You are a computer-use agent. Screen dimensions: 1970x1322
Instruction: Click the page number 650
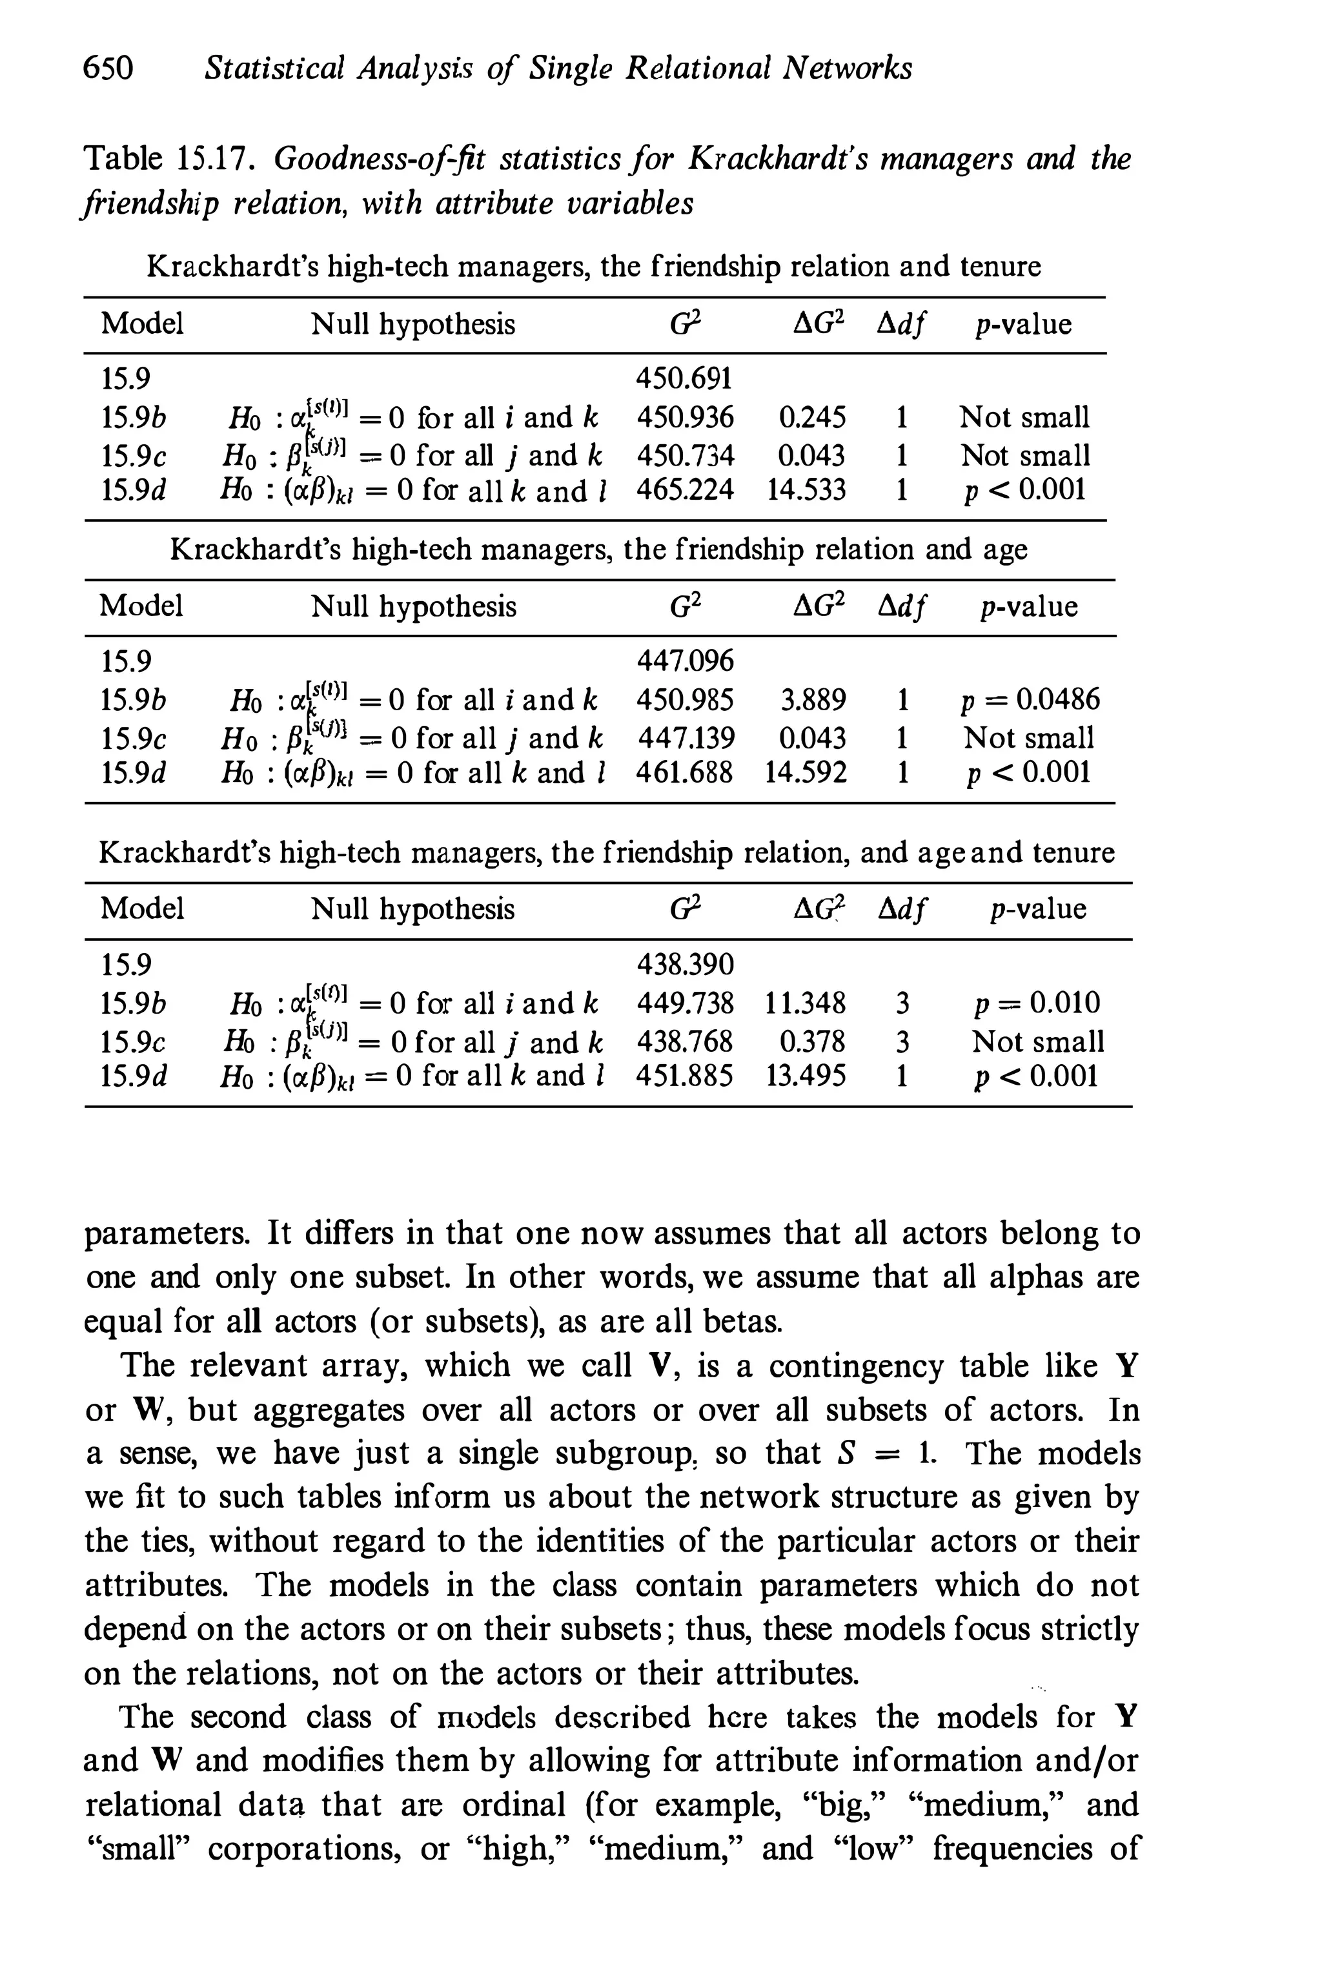108,67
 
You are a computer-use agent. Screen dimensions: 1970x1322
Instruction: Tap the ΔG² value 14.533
806,490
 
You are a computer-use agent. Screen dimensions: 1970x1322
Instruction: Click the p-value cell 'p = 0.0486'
1030,699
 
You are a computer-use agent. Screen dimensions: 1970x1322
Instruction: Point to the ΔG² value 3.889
813,700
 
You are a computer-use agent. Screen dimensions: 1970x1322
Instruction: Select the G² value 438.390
685,964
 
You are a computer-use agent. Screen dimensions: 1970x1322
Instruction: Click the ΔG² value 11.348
805,1003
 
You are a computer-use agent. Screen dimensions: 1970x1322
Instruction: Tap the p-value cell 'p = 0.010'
1036,1003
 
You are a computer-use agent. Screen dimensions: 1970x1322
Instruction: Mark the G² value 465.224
685,490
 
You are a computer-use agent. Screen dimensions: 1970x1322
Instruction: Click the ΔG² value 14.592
805,772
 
